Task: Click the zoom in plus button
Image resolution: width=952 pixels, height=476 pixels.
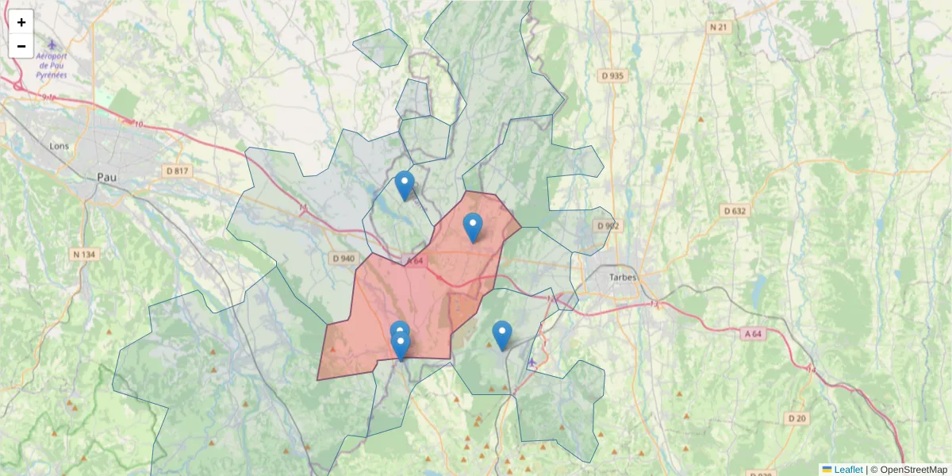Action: (x=21, y=22)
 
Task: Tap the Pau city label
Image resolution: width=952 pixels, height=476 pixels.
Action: (x=106, y=177)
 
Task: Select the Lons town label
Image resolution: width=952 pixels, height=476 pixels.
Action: (x=59, y=146)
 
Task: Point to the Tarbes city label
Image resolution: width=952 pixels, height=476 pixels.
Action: (x=623, y=278)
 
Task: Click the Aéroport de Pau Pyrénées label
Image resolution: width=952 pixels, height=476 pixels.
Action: (x=52, y=66)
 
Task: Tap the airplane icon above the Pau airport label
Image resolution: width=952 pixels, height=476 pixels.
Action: (x=52, y=45)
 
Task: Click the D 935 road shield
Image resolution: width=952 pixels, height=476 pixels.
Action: (x=612, y=76)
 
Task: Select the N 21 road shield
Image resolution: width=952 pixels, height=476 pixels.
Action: (x=718, y=27)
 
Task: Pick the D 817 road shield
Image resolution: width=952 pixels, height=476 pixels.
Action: (x=177, y=171)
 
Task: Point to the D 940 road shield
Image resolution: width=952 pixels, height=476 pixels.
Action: (x=343, y=258)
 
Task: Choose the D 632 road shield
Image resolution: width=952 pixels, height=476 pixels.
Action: (x=735, y=211)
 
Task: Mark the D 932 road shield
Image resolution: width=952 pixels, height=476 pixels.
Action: (x=608, y=226)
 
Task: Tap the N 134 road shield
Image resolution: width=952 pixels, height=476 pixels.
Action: (x=84, y=254)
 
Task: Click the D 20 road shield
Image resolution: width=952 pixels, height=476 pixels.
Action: (x=797, y=418)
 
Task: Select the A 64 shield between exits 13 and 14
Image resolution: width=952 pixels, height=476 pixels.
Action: (x=754, y=334)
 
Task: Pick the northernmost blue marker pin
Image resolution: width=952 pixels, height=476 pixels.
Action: (x=405, y=184)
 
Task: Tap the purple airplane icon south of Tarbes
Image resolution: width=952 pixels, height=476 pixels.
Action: (x=532, y=363)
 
